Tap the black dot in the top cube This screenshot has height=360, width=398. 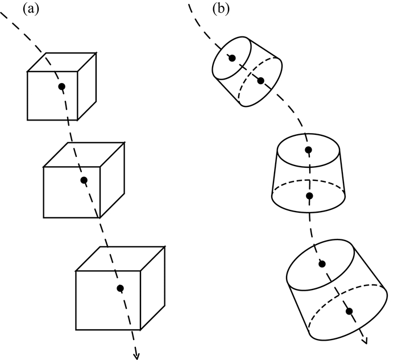click(61, 86)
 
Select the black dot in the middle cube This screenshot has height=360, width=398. click(84, 180)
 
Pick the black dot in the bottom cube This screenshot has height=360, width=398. click(119, 288)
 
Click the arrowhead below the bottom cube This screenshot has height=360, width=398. click(136, 354)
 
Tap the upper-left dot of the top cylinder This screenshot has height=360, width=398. click(231, 57)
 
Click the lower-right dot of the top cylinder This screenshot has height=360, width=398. click(260, 81)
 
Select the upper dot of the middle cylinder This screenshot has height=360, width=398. click(308, 151)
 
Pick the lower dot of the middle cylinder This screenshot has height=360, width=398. click(309, 196)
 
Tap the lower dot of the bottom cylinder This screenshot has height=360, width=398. click(349, 311)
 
